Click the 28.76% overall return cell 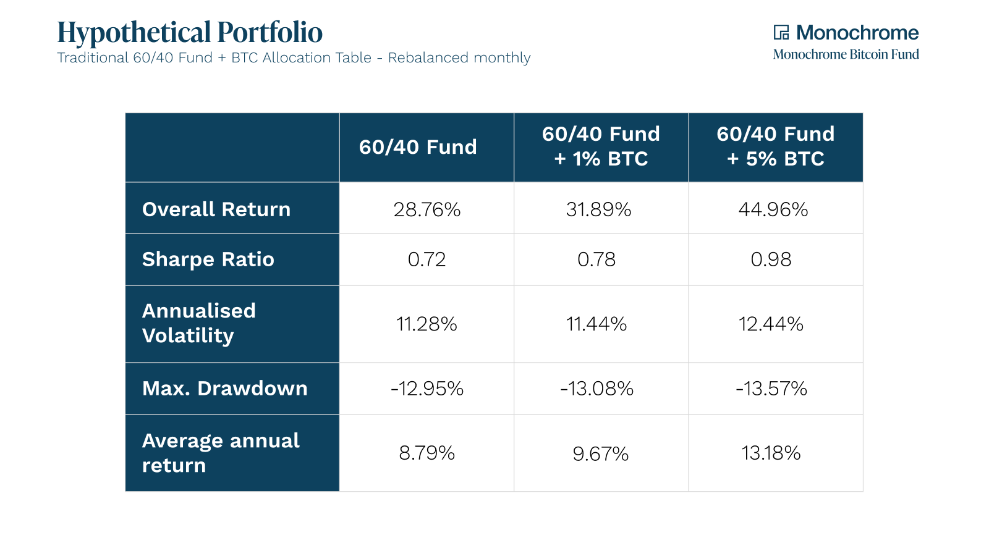[427, 209]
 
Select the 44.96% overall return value [773, 209]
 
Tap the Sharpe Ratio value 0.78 [596, 259]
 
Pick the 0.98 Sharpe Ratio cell [771, 259]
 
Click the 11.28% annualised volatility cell [427, 324]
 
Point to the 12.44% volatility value [771, 324]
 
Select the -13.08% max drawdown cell [596, 389]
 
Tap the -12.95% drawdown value [427, 389]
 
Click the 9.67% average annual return [600, 454]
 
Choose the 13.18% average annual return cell [771, 453]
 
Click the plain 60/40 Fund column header [418, 147]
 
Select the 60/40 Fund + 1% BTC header [601, 146]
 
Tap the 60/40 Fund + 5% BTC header [775, 146]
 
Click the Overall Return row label [216, 209]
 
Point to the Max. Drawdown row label [225, 389]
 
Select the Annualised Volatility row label [199, 323]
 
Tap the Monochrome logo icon [781, 32]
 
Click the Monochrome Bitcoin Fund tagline [846, 54]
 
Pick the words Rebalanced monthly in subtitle [459, 58]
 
